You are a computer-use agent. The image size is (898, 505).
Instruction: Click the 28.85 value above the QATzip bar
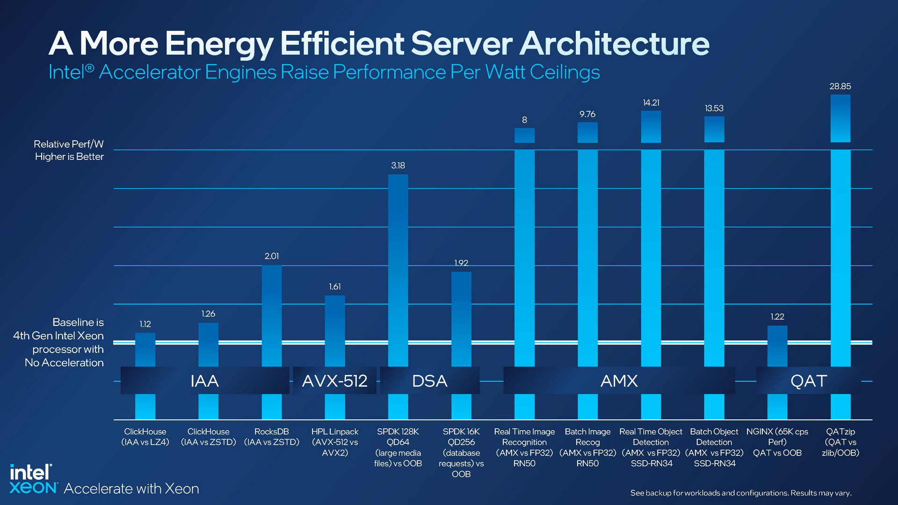point(840,87)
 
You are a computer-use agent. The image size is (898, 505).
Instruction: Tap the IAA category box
point(204,381)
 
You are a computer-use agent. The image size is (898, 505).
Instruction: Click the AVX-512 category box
point(334,381)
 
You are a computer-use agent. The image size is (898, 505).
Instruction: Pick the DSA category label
point(429,381)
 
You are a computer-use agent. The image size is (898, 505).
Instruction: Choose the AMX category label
point(619,381)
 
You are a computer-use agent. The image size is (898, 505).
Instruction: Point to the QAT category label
point(808,381)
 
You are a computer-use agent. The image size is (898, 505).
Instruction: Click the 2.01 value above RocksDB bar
point(272,256)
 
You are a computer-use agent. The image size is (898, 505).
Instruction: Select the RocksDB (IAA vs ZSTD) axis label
point(272,437)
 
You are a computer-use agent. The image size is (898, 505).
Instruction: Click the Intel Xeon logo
point(33,479)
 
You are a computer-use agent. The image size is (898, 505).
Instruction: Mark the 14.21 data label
point(651,103)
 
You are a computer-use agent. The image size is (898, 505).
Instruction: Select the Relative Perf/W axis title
point(69,150)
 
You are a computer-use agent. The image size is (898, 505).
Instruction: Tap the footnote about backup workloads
point(740,493)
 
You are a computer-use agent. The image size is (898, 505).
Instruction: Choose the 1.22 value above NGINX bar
point(777,317)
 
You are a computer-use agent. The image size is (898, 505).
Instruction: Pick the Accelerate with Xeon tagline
point(131,489)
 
